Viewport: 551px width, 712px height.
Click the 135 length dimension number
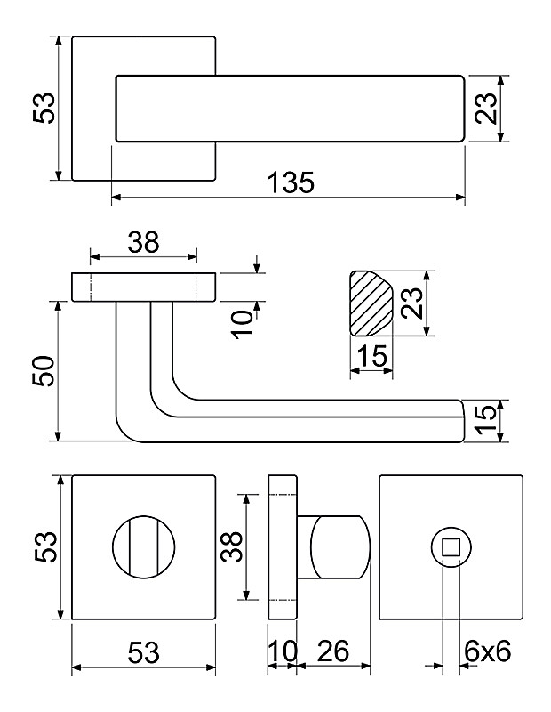coord(290,183)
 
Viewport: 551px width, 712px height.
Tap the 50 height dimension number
coord(44,371)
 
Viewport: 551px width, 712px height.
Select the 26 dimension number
coord(332,651)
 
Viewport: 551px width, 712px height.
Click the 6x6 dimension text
coord(487,651)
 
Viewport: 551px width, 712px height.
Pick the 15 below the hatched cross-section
coord(371,357)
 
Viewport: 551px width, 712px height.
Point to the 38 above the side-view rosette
coord(143,241)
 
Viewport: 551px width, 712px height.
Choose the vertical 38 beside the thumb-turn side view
coord(231,550)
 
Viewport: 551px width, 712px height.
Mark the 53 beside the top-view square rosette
coord(44,108)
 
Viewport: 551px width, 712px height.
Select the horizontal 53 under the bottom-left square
coord(143,651)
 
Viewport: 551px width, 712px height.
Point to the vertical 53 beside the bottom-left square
coord(44,547)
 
